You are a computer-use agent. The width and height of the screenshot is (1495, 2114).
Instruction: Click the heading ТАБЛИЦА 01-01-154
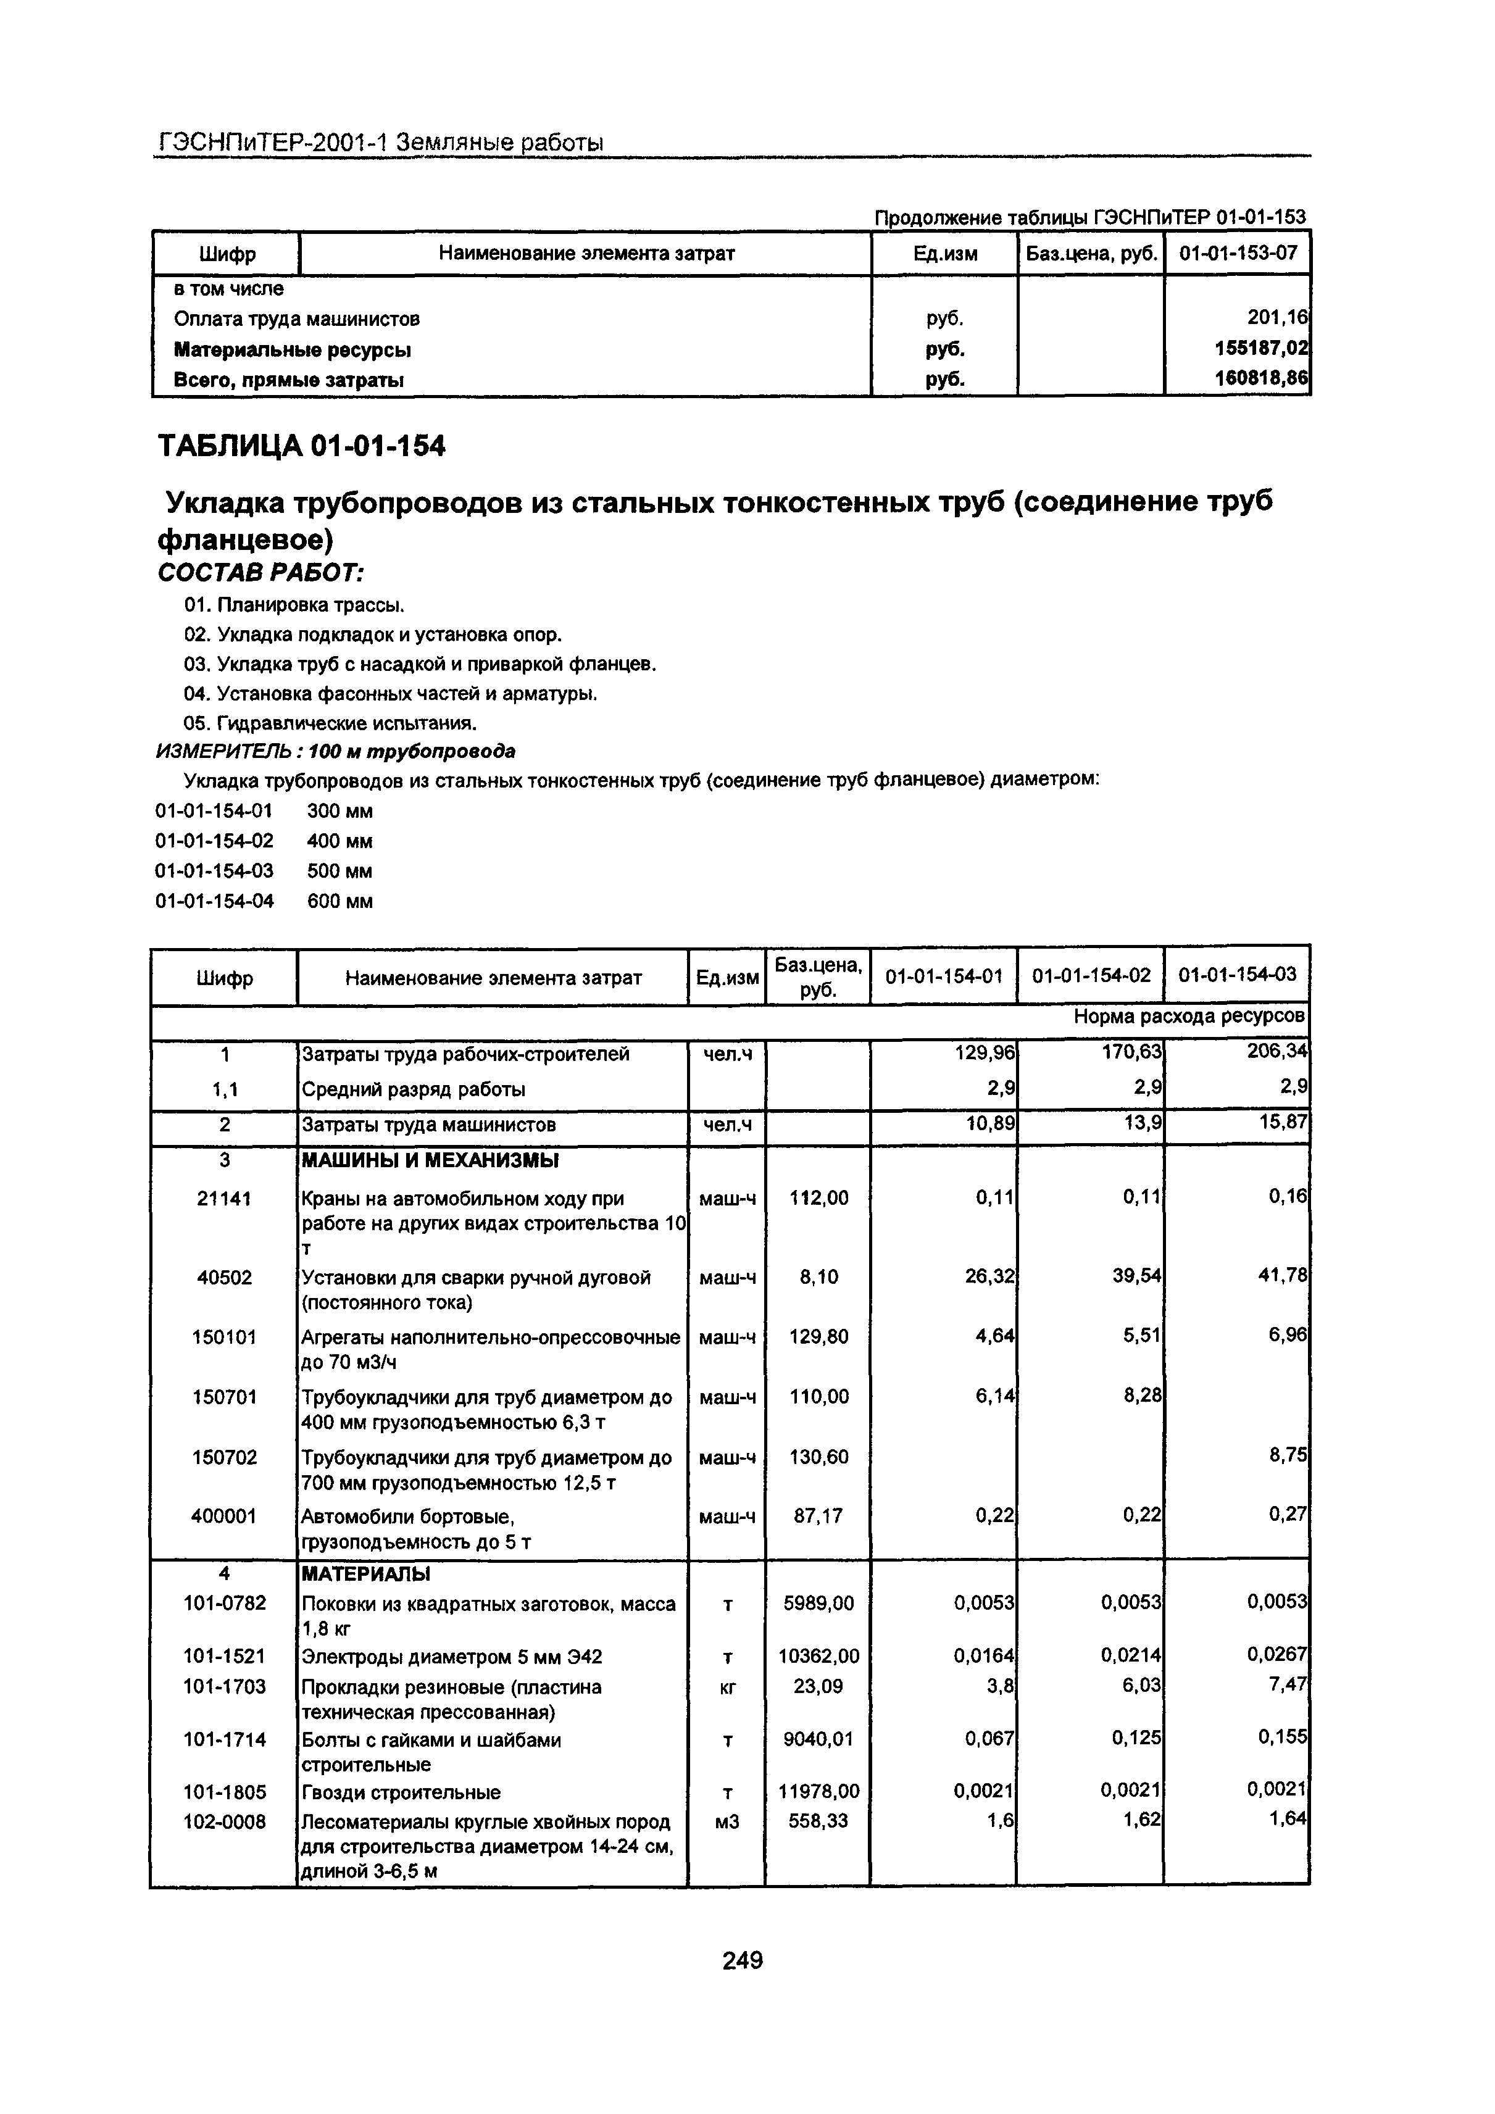tap(301, 446)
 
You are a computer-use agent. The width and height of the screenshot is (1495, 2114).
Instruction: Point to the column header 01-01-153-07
tap(1236, 253)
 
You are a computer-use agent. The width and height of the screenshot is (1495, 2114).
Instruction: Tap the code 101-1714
tap(225, 1739)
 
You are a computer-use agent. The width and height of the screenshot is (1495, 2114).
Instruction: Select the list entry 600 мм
tap(339, 901)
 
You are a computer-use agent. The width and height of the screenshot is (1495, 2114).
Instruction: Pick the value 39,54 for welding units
tap(1137, 1276)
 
